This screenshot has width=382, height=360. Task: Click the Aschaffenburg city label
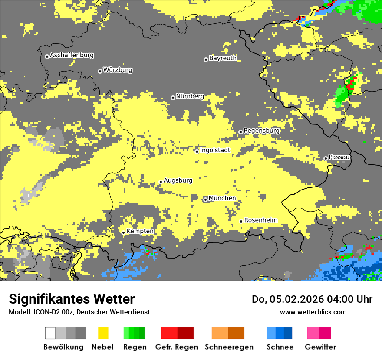pos(72,55)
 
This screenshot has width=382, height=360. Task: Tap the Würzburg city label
pos(118,70)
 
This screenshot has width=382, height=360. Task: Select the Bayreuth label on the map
pos(223,58)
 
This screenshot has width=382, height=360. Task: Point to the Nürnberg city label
pos(190,96)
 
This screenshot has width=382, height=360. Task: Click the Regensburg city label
pos(261,131)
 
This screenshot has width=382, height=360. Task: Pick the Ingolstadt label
pos(215,150)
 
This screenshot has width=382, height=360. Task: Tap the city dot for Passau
pos(326,158)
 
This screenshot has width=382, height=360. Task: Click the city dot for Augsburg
pos(161,182)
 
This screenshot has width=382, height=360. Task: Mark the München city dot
pos(205,200)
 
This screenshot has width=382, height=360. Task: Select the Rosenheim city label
pos(260,220)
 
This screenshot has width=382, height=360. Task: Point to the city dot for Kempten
pos(123,232)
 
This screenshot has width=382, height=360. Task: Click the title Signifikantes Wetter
pos(72,299)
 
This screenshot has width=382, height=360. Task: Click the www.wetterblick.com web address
pos(313,312)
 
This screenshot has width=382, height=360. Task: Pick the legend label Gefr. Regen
pos(177,347)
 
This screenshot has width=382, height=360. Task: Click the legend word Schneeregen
pos(229,347)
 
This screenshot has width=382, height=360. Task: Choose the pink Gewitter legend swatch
pos(313,333)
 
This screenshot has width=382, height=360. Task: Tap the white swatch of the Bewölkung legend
pos(50,333)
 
